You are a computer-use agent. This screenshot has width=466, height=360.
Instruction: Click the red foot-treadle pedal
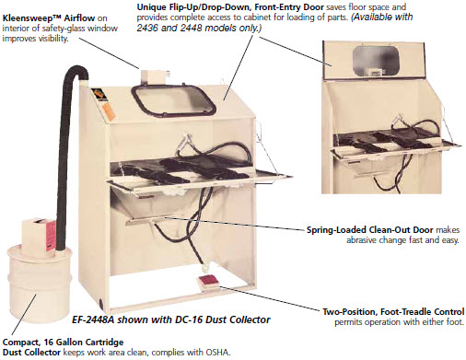pos(208,282)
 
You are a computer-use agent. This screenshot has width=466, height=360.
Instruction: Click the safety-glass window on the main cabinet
pos(173,100)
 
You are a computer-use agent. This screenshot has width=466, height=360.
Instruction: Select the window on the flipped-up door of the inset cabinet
pos(376,61)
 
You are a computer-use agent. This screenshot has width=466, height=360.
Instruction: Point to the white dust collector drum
pos(40,284)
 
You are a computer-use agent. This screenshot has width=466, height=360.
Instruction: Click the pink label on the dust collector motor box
pos(51,235)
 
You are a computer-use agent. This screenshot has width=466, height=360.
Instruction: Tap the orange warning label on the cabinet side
pos(110,112)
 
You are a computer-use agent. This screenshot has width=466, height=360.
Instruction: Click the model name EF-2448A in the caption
pos(93,319)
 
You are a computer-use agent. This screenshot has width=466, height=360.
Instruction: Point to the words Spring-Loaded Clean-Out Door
pos(369,230)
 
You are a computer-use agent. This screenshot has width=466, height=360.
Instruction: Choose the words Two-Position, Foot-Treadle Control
pos(393,312)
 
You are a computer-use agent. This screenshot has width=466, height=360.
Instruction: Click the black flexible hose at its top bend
pos(76,70)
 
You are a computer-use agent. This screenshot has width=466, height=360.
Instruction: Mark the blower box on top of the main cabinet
pos(155,77)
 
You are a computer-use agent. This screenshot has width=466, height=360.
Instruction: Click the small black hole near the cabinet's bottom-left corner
pos(102,301)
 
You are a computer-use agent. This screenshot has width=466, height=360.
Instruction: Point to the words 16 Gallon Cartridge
pos(84,342)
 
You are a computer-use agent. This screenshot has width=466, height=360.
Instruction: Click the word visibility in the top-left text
pos(52,39)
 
